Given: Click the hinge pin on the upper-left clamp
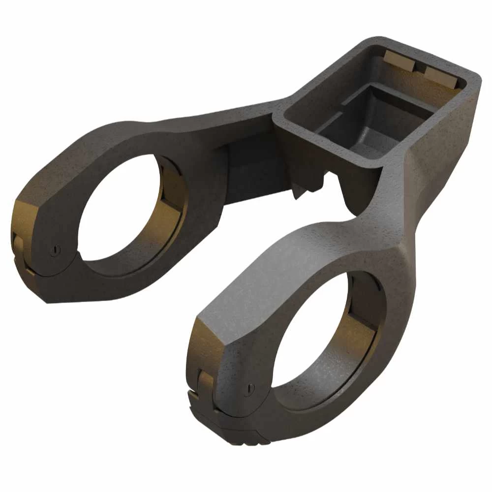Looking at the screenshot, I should pos(56,249).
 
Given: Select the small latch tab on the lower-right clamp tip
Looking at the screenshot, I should pos(206,379).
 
